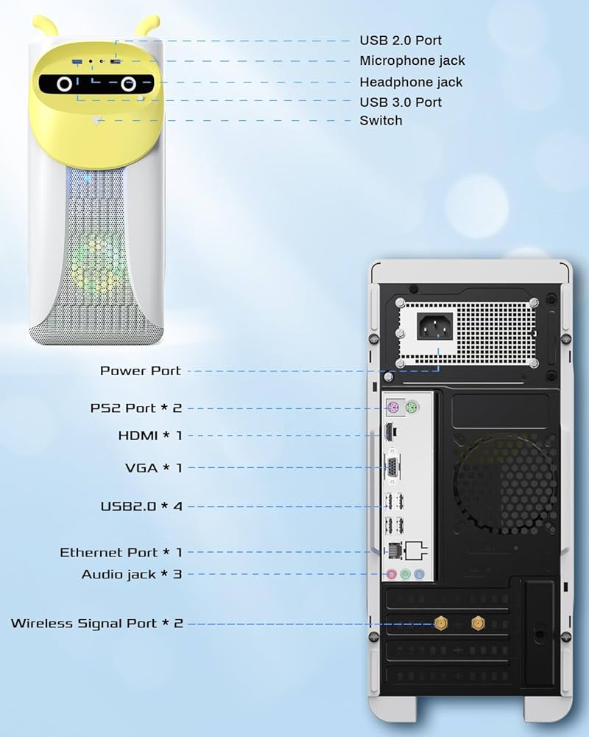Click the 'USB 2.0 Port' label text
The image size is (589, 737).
[x=401, y=41]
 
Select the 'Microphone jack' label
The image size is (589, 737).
[x=412, y=60]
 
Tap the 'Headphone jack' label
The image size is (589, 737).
[x=411, y=82]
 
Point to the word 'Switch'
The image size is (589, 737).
[x=381, y=121]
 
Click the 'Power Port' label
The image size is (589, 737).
[x=140, y=371]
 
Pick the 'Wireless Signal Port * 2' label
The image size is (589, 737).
[x=96, y=624]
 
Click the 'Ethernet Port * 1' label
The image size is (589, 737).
[x=121, y=552]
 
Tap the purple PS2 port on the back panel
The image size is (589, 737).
[x=394, y=407]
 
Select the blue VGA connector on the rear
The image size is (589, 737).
[x=395, y=467]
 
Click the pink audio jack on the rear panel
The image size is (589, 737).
[x=393, y=574]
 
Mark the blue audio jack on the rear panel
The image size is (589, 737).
[x=419, y=574]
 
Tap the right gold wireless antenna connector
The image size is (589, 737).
[x=476, y=624]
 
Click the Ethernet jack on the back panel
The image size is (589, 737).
[x=395, y=550]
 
